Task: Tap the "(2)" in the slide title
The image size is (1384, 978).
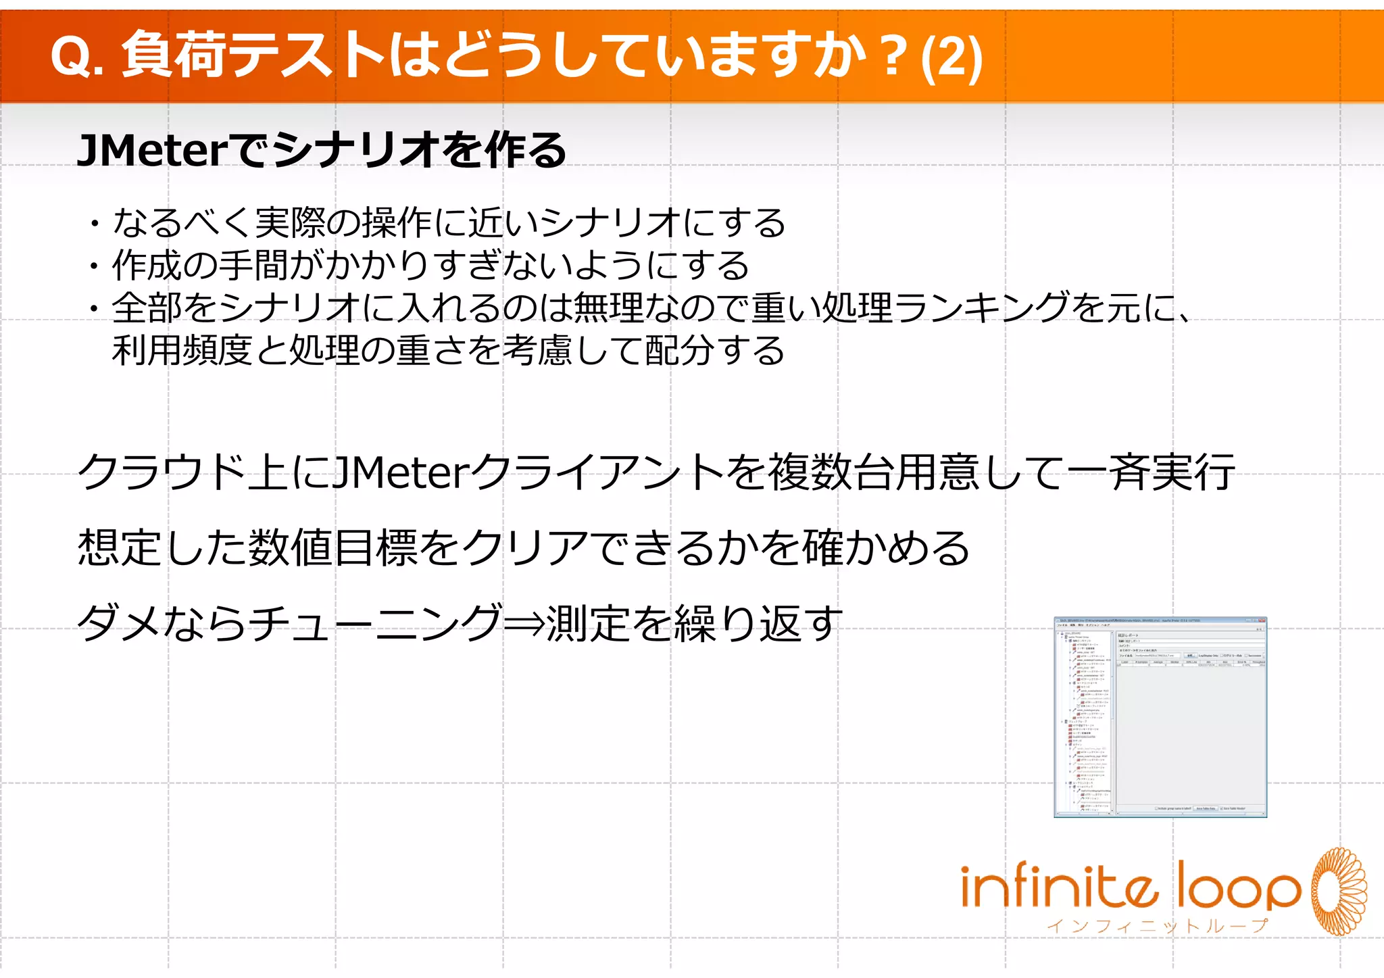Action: point(952,58)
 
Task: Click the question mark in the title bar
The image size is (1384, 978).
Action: point(893,57)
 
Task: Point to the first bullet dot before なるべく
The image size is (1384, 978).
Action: point(95,224)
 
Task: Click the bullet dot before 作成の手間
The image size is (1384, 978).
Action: point(95,266)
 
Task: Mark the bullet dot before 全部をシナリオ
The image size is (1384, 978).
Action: point(95,309)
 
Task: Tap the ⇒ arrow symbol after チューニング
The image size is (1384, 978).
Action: point(525,623)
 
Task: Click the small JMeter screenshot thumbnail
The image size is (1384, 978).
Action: point(1160,717)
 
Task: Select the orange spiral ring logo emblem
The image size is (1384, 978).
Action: point(1339,891)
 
